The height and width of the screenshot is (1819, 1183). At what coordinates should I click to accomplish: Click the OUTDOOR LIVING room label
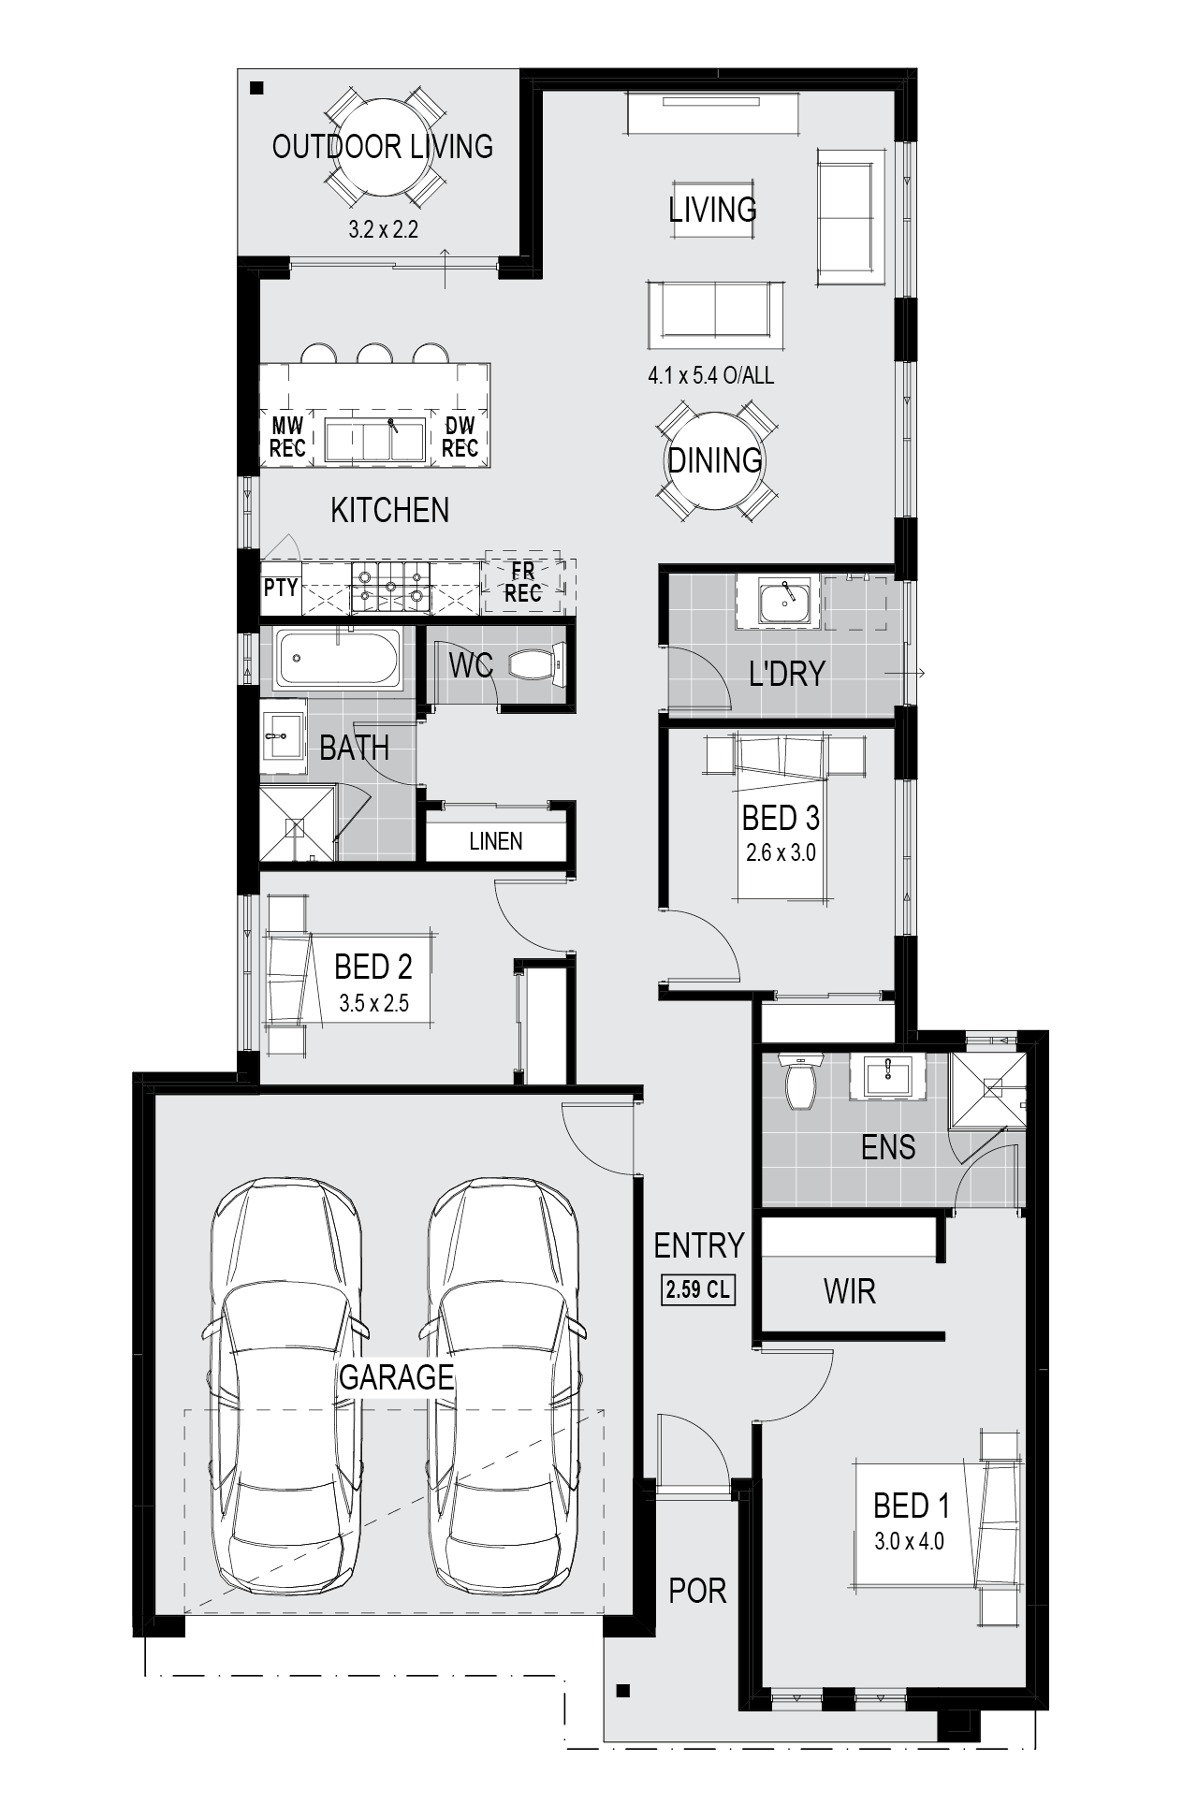(x=382, y=147)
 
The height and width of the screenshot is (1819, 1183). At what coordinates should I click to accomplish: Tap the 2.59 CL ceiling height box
(x=698, y=1289)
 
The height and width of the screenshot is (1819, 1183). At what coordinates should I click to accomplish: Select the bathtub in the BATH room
(x=339, y=657)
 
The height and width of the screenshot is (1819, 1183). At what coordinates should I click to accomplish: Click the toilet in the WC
(x=536, y=664)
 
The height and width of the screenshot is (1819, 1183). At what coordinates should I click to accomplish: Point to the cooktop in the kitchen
(x=390, y=587)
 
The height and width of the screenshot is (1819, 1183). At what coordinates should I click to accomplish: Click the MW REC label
(x=286, y=437)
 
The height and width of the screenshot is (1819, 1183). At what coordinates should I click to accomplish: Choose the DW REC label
(x=460, y=437)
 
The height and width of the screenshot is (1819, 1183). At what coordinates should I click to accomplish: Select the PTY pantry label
(x=280, y=588)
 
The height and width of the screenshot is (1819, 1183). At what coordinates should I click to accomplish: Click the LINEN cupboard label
(x=496, y=841)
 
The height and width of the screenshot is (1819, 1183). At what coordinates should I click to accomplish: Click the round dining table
(x=714, y=461)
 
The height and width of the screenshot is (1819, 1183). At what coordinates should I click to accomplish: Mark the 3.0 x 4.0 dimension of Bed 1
(x=909, y=1540)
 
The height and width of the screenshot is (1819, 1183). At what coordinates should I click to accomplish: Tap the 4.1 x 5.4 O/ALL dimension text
(x=711, y=376)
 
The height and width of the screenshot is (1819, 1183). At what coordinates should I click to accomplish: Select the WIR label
(x=849, y=1291)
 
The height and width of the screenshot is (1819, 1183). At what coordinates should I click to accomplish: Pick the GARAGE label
(x=396, y=1376)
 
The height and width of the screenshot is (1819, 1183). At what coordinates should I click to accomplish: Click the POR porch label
(x=697, y=1590)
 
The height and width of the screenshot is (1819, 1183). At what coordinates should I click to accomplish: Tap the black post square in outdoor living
(x=257, y=89)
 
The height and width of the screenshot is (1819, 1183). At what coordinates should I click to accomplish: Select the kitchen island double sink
(x=374, y=440)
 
